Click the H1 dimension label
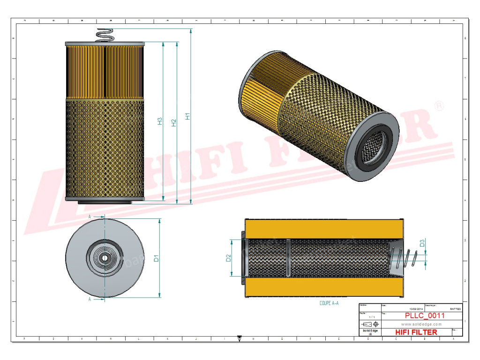pos(187,116)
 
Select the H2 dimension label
pos(173,122)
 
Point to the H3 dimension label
pos(159,121)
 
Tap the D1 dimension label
pos(157,257)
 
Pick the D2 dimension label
pos(229,258)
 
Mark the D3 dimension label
pos(422,243)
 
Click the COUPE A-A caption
pos(329,303)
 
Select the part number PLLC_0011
pos(425,315)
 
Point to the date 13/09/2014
pos(416,309)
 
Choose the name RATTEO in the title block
pos(455,309)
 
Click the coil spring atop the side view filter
pos(105,35)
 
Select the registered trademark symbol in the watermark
pos(439,106)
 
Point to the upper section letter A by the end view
pos(90,217)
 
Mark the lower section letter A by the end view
pos(90,299)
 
